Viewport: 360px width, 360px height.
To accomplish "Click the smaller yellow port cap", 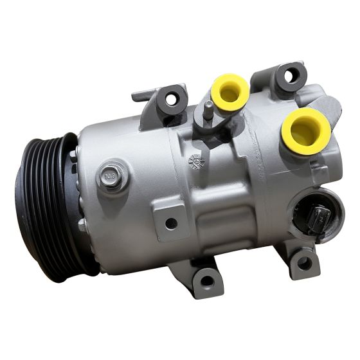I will click(230, 91).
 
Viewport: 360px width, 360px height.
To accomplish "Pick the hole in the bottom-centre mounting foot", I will click(206, 279).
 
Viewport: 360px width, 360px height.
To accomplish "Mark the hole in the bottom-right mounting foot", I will click(303, 262).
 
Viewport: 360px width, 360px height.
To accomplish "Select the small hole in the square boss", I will click(171, 224).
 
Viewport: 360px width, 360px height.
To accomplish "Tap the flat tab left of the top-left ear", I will click(141, 96).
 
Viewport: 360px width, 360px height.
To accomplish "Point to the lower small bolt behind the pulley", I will click(82, 224).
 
